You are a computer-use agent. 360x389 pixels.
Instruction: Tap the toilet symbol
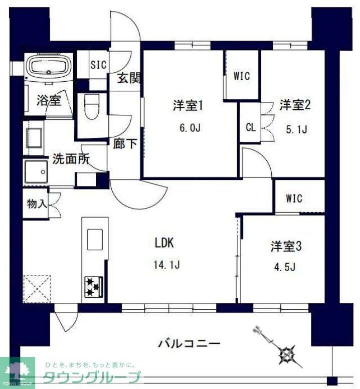coord(92,107)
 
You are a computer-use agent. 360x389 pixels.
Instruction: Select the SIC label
coord(97,64)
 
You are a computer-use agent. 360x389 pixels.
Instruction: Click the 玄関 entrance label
coord(128,78)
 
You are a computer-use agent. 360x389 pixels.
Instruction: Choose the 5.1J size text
coord(295,129)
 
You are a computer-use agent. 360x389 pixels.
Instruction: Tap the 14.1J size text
coord(167,263)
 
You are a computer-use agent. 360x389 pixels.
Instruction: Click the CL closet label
coord(251,127)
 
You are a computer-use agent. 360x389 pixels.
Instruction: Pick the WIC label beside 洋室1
coord(241,77)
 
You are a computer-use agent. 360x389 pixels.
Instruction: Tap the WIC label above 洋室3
coord(294,199)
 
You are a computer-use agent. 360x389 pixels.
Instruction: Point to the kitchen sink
coord(95,239)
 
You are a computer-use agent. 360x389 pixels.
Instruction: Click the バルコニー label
coord(189,344)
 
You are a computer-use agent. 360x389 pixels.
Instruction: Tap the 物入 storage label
coord(37,204)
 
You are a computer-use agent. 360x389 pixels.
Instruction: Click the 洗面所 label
coord(71,160)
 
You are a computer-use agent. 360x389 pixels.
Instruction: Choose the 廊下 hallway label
coord(125,144)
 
